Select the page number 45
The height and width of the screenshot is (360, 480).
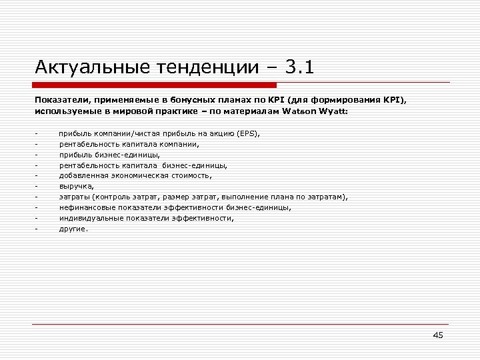coord(437,335)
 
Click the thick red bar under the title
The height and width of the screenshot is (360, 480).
coord(155,85)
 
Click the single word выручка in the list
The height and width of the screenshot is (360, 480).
coord(76,187)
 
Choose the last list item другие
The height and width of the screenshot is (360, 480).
coord(73,229)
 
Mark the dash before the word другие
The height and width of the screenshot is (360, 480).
coord(37,229)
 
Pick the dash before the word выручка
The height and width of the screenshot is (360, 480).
coord(37,187)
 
